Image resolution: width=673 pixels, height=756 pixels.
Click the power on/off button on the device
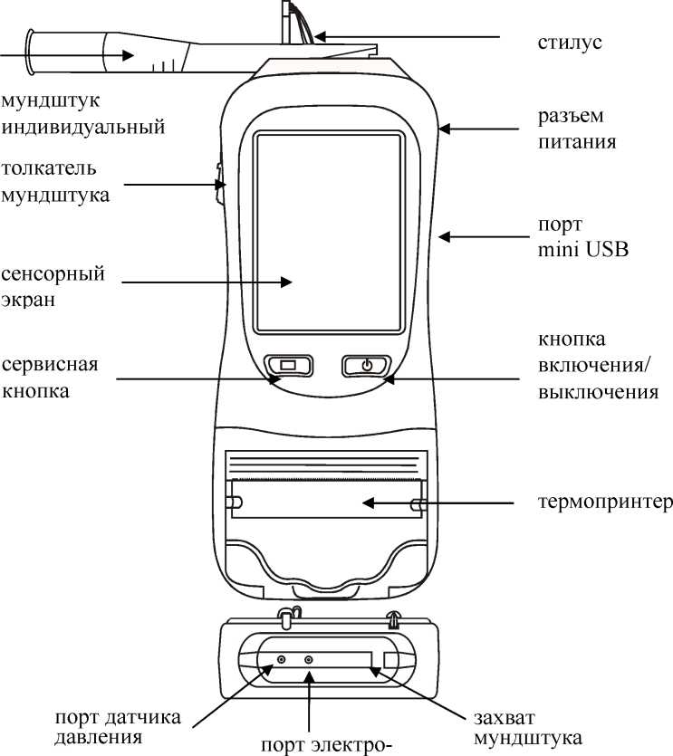[x=366, y=366]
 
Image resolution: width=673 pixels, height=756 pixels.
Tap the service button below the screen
[x=288, y=365]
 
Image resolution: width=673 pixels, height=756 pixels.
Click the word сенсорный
[x=53, y=273]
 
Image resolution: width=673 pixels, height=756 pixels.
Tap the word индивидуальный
[x=83, y=126]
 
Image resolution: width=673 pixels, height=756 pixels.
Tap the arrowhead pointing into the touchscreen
[x=287, y=282]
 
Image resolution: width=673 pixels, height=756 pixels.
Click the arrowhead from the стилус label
[x=319, y=38]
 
